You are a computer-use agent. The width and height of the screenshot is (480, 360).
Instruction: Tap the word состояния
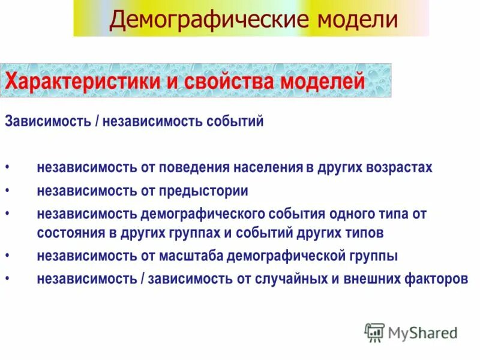point(71,232)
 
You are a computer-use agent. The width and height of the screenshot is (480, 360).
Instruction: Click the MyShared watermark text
point(422,332)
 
